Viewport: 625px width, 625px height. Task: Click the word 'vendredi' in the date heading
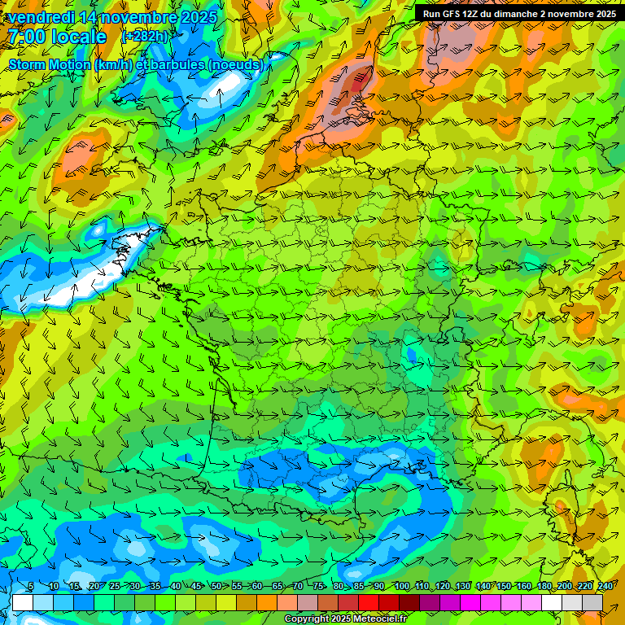(40, 17)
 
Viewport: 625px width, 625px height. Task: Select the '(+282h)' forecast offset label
(145, 37)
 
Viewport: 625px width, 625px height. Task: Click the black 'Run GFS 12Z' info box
(518, 13)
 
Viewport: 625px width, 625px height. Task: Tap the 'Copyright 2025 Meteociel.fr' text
(346, 618)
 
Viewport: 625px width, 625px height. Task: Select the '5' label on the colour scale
(30, 587)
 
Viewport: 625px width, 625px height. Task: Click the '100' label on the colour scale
(401, 587)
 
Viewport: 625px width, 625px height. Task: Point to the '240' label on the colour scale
(605, 587)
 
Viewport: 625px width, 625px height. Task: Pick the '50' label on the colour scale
(216, 587)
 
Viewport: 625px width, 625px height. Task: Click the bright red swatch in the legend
(369, 602)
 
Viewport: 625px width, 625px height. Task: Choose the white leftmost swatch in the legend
(23, 602)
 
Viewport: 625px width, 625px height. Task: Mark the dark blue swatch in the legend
(84, 602)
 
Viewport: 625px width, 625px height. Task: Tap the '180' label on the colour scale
(544, 587)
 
